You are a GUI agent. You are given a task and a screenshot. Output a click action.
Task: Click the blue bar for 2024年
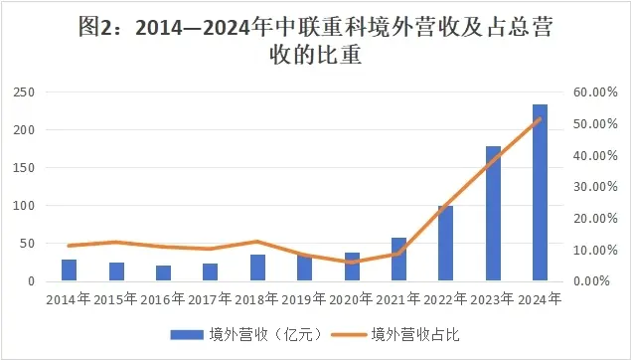[x=540, y=193]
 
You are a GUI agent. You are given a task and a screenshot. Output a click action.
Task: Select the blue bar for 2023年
[x=493, y=214]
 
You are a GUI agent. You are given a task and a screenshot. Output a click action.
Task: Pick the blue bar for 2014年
[x=69, y=270]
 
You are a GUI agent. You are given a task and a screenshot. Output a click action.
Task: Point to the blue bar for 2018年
[x=257, y=269]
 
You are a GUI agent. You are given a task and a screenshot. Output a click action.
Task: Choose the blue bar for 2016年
[x=163, y=273]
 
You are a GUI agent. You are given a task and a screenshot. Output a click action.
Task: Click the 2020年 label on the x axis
[x=352, y=298]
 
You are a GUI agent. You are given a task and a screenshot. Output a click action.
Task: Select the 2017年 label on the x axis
[x=210, y=298]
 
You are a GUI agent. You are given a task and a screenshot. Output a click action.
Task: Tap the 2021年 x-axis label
[x=398, y=298]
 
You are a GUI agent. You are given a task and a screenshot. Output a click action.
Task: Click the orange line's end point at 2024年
[x=540, y=119]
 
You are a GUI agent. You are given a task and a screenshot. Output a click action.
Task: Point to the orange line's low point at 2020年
[x=352, y=263]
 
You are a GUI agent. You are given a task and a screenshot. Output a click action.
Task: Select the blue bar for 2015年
[x=116, y=271]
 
